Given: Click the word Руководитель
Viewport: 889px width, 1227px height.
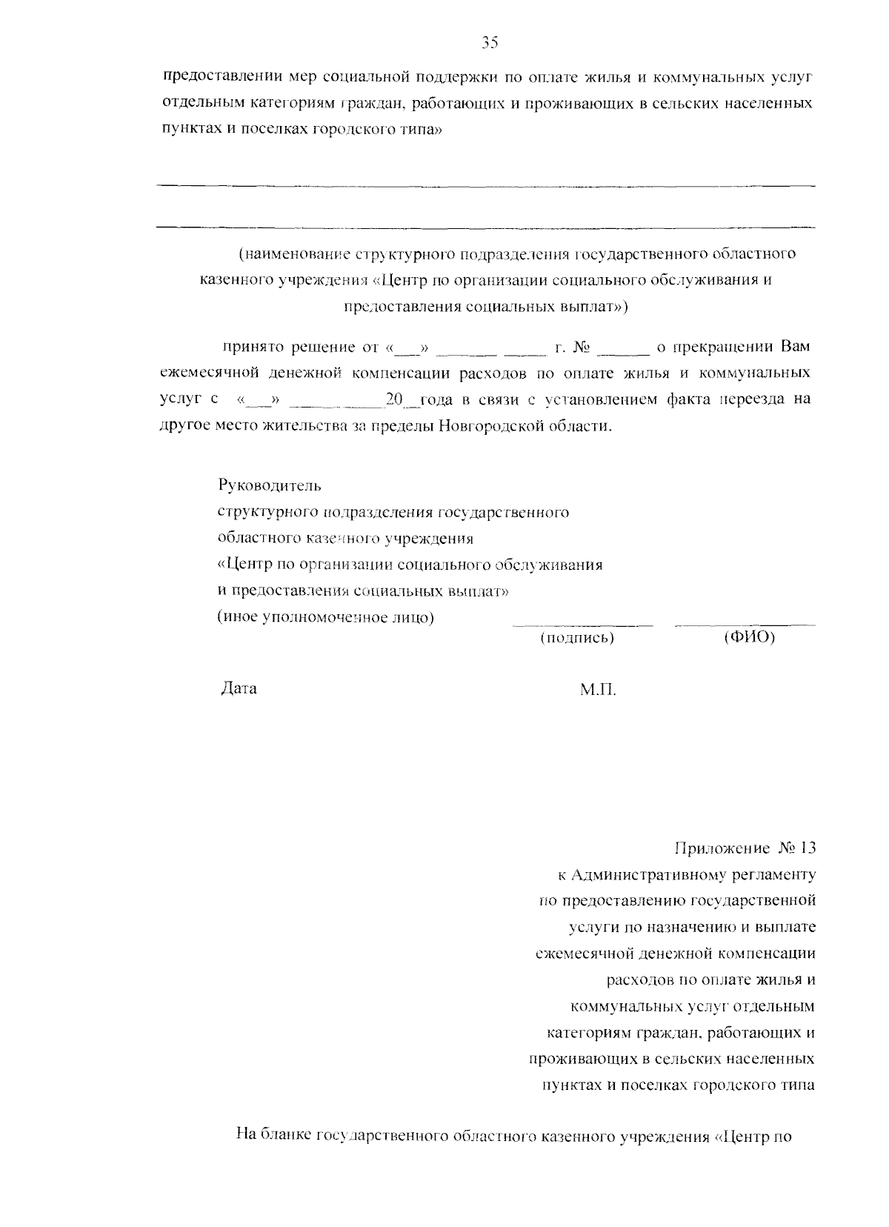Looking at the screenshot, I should click(270, 486).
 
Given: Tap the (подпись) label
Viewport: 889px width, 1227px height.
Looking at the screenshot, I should click(577, 637).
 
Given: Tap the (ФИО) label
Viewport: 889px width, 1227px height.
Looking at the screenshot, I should click(749, 637).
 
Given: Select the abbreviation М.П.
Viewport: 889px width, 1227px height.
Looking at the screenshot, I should click(598, 690).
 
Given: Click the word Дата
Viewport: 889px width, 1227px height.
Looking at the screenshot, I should click(239, 688).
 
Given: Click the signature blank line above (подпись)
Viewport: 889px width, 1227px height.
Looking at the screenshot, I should click(583, 625).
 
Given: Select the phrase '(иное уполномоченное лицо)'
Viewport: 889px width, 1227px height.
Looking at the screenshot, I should click(325, 617).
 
